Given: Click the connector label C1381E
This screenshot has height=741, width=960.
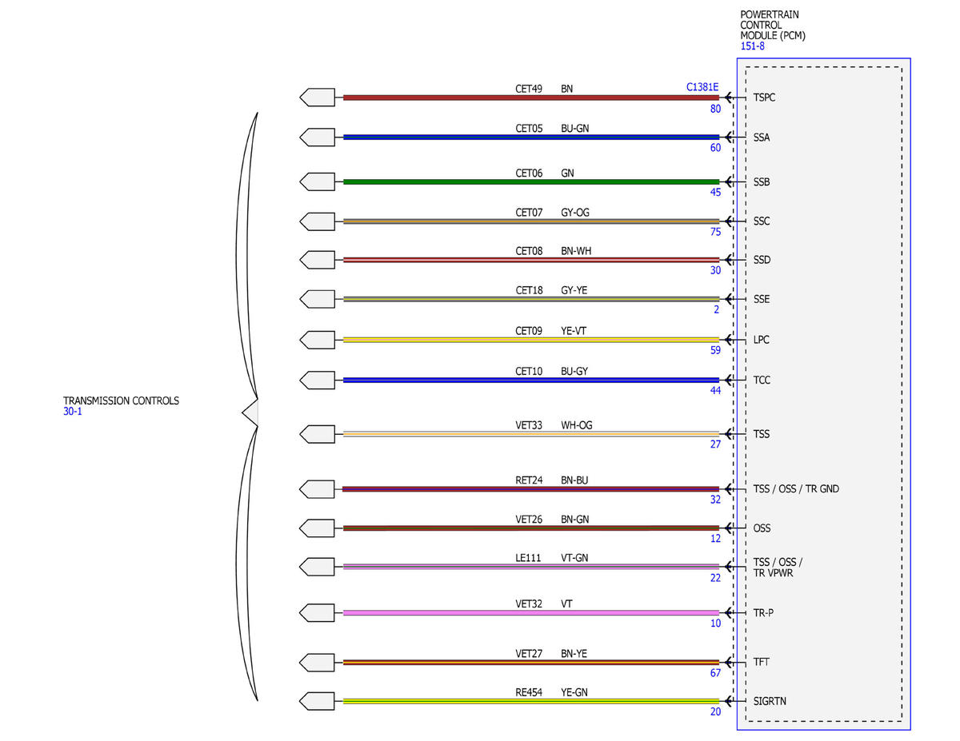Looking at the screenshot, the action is [702, 87].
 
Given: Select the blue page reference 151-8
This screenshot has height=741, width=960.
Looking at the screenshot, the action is [752, 46].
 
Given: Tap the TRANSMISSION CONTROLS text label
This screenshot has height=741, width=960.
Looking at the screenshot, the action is [121, 400].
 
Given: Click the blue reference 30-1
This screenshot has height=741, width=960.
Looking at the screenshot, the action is [73, 412].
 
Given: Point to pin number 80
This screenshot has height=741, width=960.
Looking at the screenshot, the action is [715, 109].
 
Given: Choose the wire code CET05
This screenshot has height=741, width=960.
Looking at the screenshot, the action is [529, 129].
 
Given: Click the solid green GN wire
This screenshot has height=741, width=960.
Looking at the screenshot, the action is [531, 181].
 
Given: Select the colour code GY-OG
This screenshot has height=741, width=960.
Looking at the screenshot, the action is [574, 213].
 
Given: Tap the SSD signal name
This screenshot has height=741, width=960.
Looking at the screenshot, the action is [762, 260].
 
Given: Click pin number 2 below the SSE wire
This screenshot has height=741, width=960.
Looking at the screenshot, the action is [716, 310].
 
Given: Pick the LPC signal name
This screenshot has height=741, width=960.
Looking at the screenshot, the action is [761, 340].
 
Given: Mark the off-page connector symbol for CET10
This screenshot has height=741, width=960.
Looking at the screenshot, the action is [318, 380].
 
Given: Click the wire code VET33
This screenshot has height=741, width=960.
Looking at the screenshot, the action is [529, 425].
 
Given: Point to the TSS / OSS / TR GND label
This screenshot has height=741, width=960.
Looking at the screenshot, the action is [796, 489].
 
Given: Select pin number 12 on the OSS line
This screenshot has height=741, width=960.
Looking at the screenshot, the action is [715, 539].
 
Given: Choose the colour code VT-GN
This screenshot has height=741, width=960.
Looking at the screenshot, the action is [574, 558].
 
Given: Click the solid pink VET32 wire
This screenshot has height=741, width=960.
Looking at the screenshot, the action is [531, 613].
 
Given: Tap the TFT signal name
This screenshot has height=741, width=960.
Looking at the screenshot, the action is [761, 662].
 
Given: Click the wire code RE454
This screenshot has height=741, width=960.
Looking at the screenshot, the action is [529, 692].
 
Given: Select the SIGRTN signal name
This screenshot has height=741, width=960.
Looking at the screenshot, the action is [770, 701].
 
